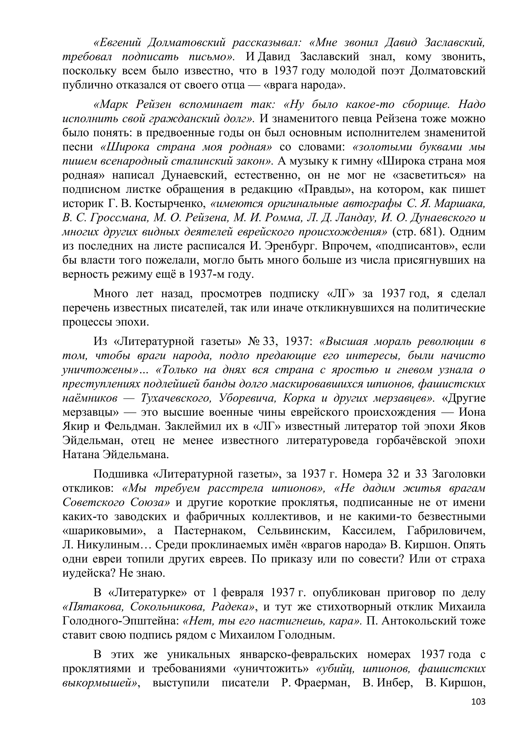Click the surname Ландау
tap(356, 218)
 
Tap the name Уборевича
tap(247, 398)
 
